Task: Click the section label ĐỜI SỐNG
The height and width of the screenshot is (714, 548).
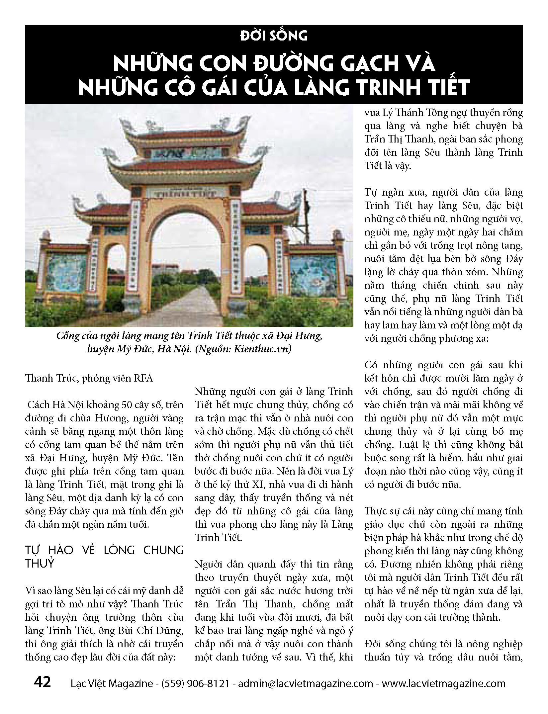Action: click(x=274, y=35)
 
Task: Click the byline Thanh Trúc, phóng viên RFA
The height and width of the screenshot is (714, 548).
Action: click(x=89, y=378)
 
